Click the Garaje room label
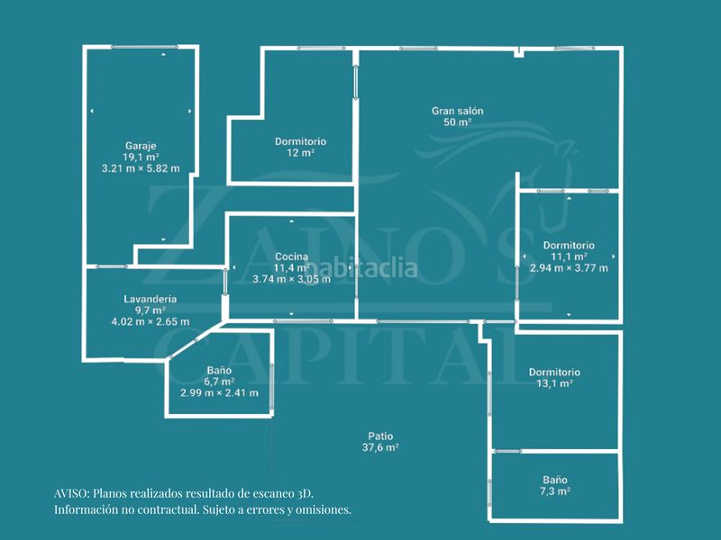click(141, 146)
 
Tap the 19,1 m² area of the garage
click(141, 157)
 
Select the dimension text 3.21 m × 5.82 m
click(141, 168)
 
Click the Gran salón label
click(458, 111)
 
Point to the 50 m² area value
click(458, 122)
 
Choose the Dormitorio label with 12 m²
click(301, 141)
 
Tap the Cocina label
click(291, 256)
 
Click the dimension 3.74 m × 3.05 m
click(291, 279)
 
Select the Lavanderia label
click(151, 299)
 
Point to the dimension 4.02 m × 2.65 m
click(151, 321)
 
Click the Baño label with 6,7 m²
click(219, 371)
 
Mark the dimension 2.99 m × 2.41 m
click(219, 393)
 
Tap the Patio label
click(380, 436)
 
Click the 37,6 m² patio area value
click(380, 447)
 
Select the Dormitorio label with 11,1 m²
click(569, 246)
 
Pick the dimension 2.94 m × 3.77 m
click(569, 268)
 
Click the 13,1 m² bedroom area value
click(554, 383)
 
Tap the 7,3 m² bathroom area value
click(555, 491)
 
